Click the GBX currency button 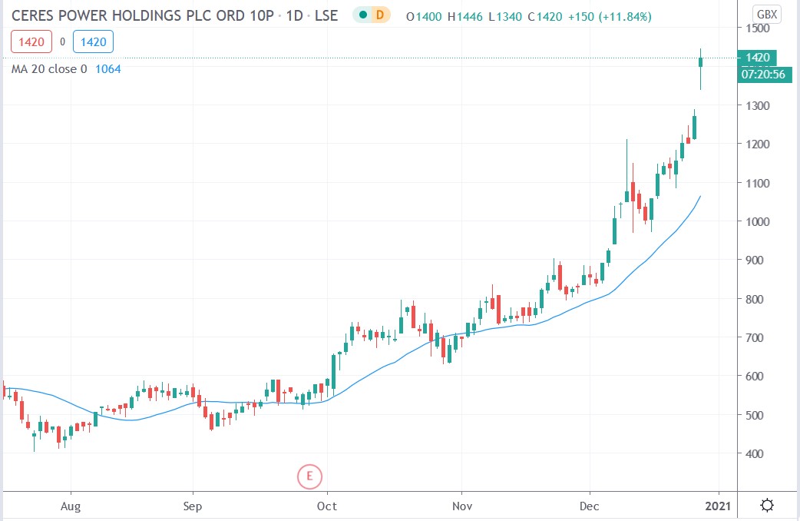click(x=765, y=14)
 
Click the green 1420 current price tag click(x=755, y=58)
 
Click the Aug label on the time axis click(x=71, y=506)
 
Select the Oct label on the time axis click(x=327, y=506)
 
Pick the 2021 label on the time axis click(x=719, y=506)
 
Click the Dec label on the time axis click(x=590, y=506)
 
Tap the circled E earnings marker click(x=309, y=476)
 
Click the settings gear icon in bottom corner click(x=766, y=505)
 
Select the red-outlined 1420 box click(x=30, y=43)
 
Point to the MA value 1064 click(x=107, y=69)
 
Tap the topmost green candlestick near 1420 click(x=700, y=73)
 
